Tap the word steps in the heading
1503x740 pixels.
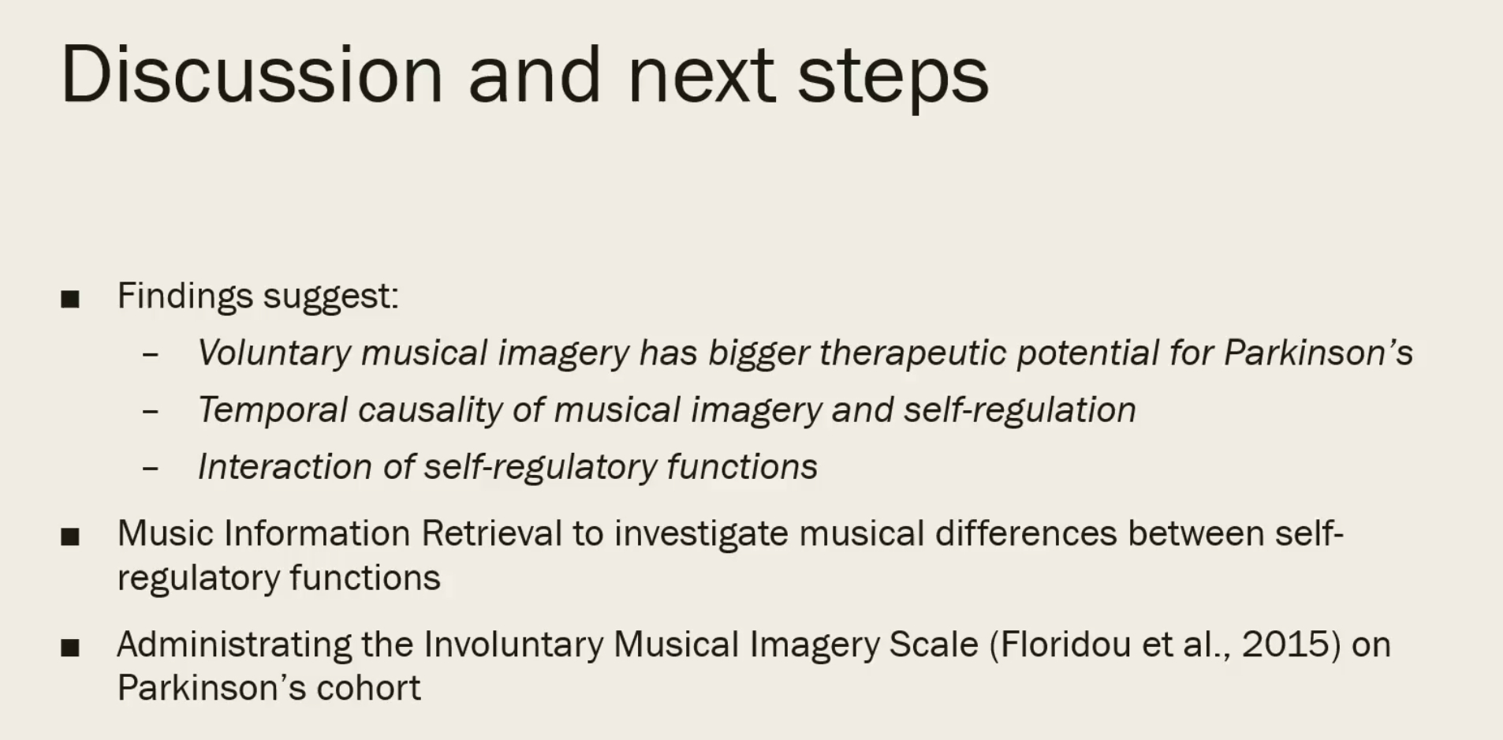coord(893,79)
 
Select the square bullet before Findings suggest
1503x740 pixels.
coord(70,299)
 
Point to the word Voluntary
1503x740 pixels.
coord(274,353)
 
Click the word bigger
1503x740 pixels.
coord(759,353)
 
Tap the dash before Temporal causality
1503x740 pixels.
coord(151,411)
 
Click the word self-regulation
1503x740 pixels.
coord(1020,410)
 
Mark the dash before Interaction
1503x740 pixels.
coord(151,468)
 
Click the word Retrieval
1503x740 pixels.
coord(492,533)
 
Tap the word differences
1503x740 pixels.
coord(1026,533)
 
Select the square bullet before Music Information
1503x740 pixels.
coord(70,537)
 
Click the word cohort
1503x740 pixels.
coord(368,688)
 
